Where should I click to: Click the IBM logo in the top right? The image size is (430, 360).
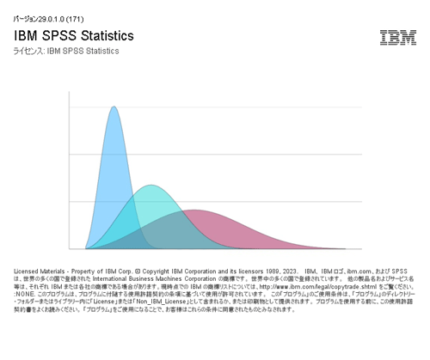(x=398, y=37)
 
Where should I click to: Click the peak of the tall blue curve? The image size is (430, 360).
(x=114, y=107)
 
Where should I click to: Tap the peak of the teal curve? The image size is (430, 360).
(x=150, y=186)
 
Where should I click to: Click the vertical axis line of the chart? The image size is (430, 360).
(x=69, y=172)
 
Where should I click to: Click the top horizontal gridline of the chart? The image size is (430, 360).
(x=215, y=107)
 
